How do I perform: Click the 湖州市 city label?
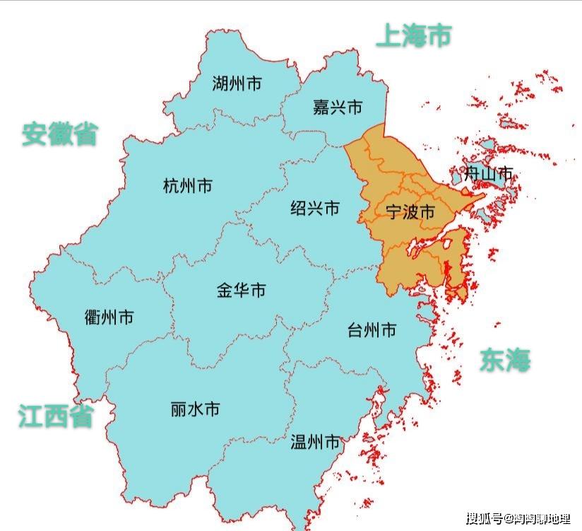pyautogui.click(x=237, y=84)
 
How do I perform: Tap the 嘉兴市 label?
pyautogui.click(x=337, y=107)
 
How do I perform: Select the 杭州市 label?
pyautogui.click(x=187, y=187)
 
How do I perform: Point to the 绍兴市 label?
pyautogui.click(x=315, y=209)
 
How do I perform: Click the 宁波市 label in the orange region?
pyautogui.click(x=410, y=211)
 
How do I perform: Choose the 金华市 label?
pyautogui.click(x=241, y=290)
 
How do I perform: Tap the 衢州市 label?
pyautogui.click(x=108, y=317)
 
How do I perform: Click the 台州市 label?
pyautogui.click(x=372, y=330)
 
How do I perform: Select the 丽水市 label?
pyautogui.click(x=195, y=409)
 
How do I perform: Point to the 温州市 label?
pyautogui.click(x=315, y=443)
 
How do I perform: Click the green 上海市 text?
pyautogui.click(x=413, y=35)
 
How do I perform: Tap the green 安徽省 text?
pyautogui.click(x=59, y=134)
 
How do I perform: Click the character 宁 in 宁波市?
pyautogui.click(x=393, y=211)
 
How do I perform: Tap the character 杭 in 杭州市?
pyautogui.click(x=171, y=187)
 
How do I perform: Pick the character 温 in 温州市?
pyautogui.click(x=299, y=443)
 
